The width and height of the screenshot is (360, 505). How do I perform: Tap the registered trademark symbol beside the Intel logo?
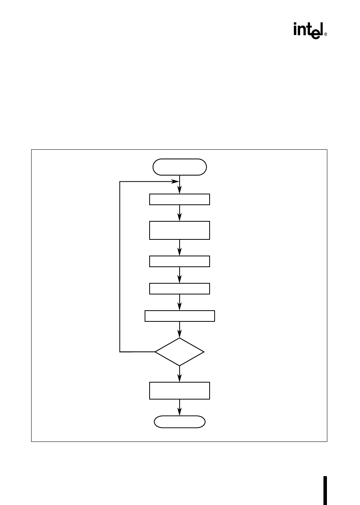point(326,35)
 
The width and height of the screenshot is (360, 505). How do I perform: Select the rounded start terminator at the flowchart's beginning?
point(180,167)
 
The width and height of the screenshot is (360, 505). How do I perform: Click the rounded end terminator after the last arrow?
point(180,422)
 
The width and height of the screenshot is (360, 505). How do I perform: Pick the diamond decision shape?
point(180,352)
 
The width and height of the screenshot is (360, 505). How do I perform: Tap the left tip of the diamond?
point(155,352)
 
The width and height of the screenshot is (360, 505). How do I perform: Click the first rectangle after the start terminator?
point(180,199)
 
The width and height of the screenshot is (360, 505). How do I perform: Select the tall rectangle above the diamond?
point(180,230)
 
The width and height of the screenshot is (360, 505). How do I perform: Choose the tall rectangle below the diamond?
point(180,391)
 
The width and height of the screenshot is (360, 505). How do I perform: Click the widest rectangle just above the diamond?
point(180,316)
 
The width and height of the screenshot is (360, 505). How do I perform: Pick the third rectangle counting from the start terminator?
point(180,261)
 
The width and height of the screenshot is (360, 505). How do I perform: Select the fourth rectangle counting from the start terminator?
point(180,289)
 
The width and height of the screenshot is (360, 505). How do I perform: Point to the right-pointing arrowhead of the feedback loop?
point(175,181)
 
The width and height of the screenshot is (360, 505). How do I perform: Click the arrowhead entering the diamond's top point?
point(180,334)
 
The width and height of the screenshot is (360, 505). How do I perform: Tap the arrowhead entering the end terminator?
point(180,412)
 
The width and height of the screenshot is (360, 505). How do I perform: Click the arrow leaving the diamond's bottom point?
point(180,374)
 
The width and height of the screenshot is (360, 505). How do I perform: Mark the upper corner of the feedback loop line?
point(120,181)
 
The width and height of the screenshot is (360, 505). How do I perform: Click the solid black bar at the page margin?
point(325,490)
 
